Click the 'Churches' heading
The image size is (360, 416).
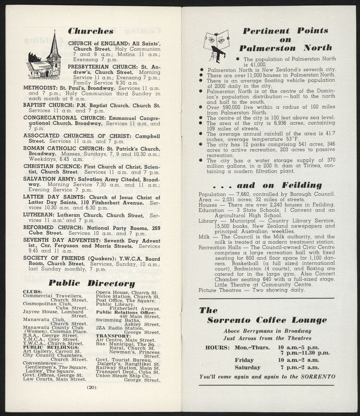point(90,31)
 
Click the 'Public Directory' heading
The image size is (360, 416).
point(92,283)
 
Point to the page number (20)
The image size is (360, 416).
point(91,387)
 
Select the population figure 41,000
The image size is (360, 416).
point(258,65)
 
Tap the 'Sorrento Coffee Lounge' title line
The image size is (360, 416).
point(267,320)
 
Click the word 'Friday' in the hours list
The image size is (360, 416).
point(244,360)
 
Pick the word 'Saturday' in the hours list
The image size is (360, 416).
point(247,367)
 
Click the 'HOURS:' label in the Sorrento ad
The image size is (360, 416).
point(218,347)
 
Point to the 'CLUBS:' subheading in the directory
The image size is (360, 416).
point(33,292)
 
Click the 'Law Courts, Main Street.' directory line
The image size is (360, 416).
point(55,379)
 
